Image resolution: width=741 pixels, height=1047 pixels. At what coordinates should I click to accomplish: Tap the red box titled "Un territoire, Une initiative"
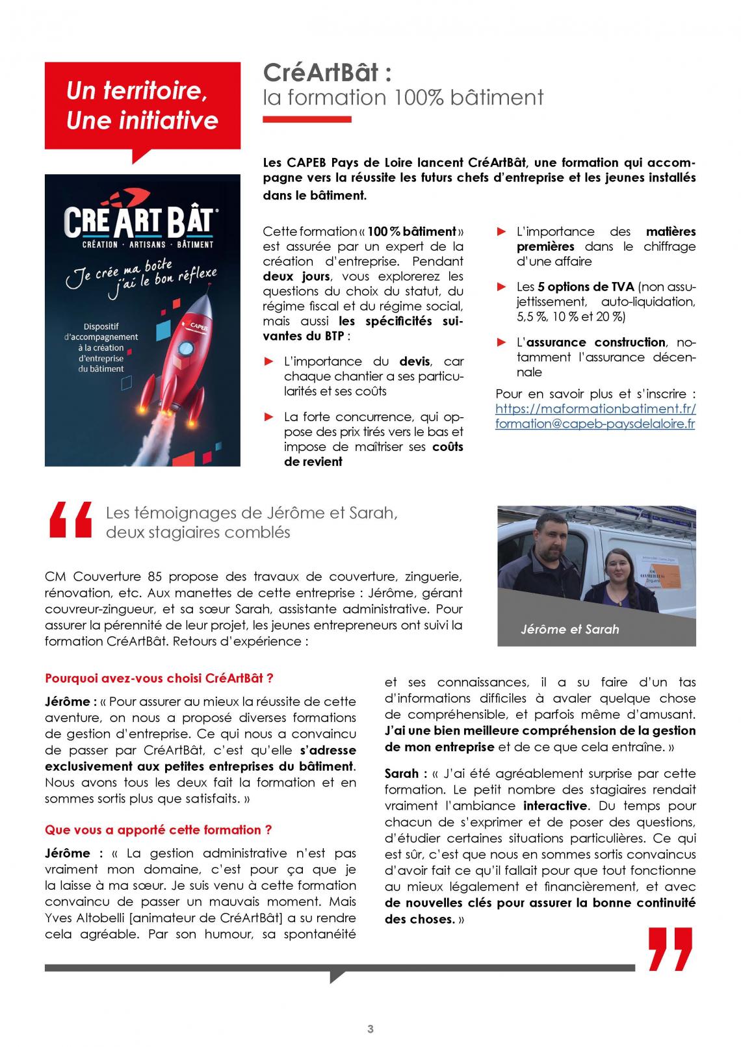click(142, 106)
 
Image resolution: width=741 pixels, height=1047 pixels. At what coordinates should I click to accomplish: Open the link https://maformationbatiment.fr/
click(595, 409)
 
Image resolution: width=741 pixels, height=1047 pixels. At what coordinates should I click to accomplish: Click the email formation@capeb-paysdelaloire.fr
click(595, 424)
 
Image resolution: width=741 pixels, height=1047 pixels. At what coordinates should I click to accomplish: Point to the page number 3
click(370, 1029)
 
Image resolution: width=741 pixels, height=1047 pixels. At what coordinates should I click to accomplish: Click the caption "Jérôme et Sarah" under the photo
click(569, 629)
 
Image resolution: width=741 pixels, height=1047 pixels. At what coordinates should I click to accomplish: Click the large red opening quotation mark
click(70, 520)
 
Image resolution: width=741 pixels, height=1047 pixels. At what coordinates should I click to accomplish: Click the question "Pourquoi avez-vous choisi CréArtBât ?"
click(159, 678)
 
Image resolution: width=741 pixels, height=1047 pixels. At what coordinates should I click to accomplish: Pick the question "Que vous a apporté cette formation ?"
click(158, 830)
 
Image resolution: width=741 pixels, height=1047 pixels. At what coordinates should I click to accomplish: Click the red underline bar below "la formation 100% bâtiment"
click(307, 120)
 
